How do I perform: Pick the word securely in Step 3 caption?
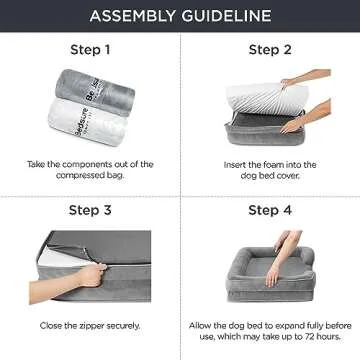tap(124, 326)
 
